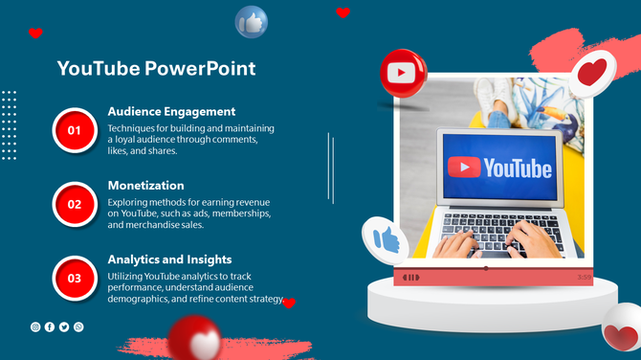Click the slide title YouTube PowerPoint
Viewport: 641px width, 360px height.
click(x=156, y=69)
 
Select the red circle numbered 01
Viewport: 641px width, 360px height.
click(x=74, y=129)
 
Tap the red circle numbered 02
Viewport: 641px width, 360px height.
click(x=74, y=203)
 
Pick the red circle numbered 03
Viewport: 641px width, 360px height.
click(x=74, y=278)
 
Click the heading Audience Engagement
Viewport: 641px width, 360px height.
click(x=171, y=111)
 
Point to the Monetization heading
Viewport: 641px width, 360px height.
click(x=145, y=185)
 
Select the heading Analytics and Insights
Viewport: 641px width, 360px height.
click(x=169, y=259)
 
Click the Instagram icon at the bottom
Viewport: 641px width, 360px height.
click(x=35, y=327)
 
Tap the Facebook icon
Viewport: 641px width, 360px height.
click(x=50, y=327)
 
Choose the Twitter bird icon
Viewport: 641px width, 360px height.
click(x=64, y=327)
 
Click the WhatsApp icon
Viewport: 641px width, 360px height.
click(x=78, y=327)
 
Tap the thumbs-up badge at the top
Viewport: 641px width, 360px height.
click(x=252, y=21)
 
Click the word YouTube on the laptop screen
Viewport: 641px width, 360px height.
click(x=517, y=169)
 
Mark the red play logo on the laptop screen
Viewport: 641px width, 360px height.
click(x=464, y=169)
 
